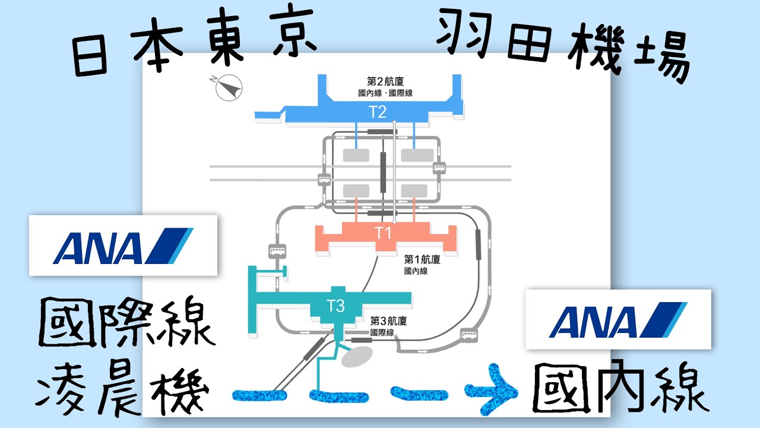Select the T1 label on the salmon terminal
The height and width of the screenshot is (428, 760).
click(x=384, y=233)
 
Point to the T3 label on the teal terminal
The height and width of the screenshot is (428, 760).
click(x=336, y=306)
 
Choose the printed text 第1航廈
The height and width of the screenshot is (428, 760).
click(x=423, y=260)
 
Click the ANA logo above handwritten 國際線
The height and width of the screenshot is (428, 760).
click(x=123, y=245)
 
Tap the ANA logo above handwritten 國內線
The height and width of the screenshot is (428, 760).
click(x=617, y=319)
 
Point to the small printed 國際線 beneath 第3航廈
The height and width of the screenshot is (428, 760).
click(x=382, y=333)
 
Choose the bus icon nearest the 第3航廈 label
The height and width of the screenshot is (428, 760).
click(x=469, y=336)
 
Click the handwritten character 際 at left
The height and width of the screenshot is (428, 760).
click(x=127, y=323)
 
